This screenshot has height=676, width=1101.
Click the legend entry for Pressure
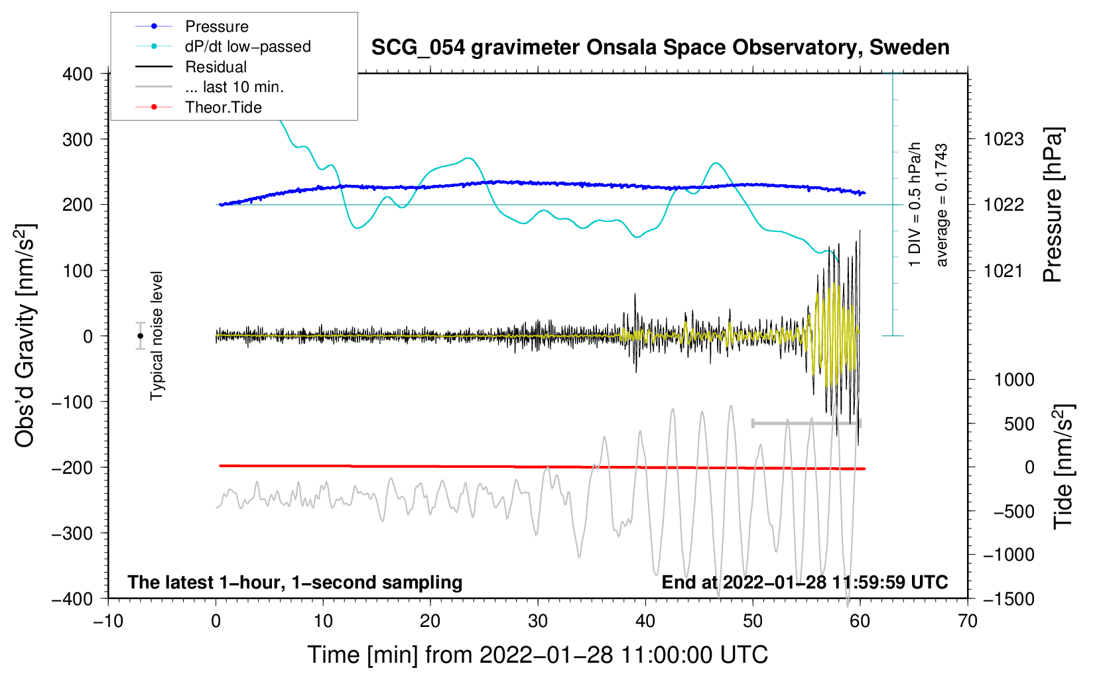[x=216, y=27]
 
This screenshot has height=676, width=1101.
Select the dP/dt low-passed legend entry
[x=247, y=46]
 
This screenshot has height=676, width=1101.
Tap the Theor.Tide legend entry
[x=223, y=107]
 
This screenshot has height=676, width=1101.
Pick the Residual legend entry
[x=216, y=67]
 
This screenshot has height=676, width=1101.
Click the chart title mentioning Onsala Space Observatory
[x=660, y=48]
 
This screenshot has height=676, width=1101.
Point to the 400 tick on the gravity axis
[x=78, y=74]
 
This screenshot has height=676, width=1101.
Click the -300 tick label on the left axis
[x=72, y=533]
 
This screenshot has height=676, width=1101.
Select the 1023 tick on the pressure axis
[x=1004, y=139]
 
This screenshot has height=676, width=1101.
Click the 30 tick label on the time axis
[x=538, y=621]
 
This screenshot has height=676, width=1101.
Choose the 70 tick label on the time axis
[x=968, y=621]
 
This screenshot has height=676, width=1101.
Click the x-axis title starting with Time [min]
[x=537, y=655]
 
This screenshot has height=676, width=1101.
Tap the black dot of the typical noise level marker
[x=140, y=336]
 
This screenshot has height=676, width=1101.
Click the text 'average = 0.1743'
[x=942, y=205]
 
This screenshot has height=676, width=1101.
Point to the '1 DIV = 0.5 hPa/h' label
[x=915, y=205]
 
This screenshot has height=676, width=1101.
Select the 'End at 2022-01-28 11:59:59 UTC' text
[x=805, y=582]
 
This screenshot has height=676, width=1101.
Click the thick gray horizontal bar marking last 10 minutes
[x=806, y=423]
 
